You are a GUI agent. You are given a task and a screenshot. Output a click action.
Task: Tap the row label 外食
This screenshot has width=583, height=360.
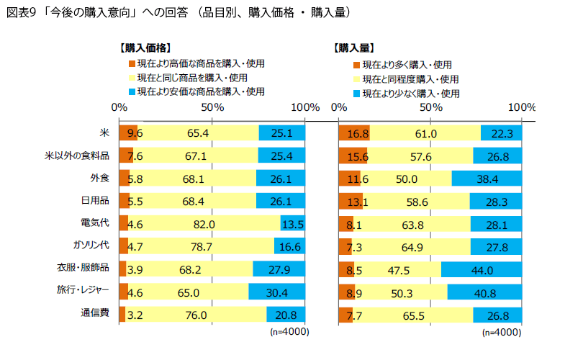coord(99,178)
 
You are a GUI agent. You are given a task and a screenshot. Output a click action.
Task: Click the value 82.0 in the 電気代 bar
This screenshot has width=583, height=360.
coord(204,225)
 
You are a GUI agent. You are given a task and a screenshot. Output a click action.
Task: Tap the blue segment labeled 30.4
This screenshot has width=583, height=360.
coord(277,292)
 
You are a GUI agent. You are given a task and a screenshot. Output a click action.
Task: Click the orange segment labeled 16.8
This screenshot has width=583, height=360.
coord(357,133)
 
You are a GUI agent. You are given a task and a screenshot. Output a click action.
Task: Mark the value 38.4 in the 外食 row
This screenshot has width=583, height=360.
coord(487,179)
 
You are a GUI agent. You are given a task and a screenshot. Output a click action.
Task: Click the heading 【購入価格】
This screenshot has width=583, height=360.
coord(145,48)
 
